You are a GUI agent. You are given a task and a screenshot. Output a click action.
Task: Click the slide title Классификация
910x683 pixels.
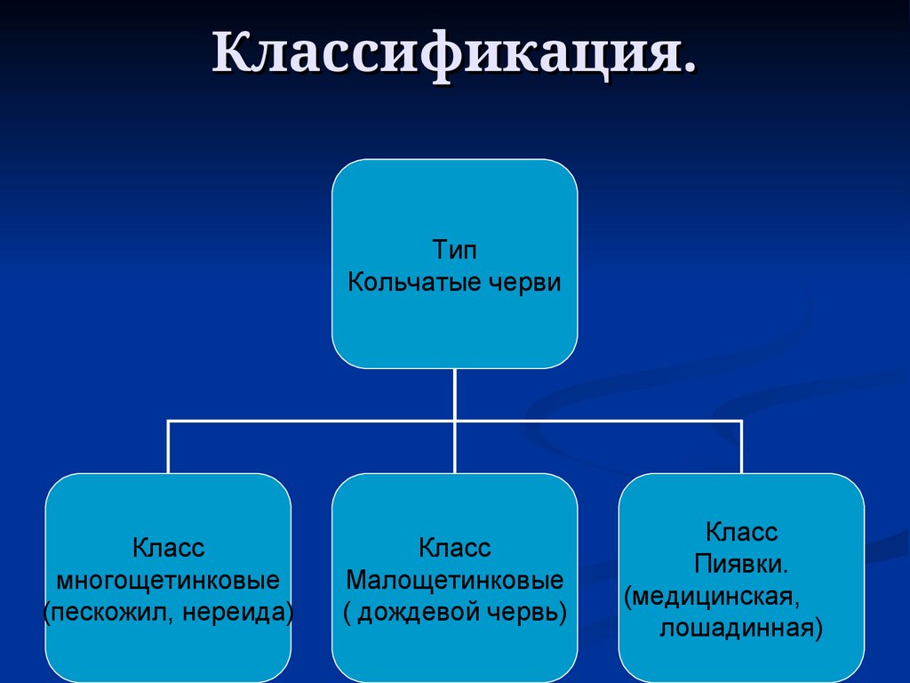coord(454,55)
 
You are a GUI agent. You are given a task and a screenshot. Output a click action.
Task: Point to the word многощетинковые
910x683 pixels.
coord(168,581)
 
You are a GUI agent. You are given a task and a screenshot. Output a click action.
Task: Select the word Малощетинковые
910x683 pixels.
coord(454,581)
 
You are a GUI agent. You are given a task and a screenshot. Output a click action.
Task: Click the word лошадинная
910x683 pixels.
coord(739,629)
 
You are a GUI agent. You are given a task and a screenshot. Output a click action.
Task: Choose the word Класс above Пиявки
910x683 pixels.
coord(741,532)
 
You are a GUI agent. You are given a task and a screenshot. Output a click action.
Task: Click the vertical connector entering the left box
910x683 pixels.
coord(168,448)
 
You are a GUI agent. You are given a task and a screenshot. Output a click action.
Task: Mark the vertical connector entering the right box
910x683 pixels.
coord(741,448)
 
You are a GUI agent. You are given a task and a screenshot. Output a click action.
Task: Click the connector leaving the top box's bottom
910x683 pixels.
coord(454,391)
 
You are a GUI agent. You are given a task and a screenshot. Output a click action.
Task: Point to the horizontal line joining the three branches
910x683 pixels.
coord(311,421)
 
